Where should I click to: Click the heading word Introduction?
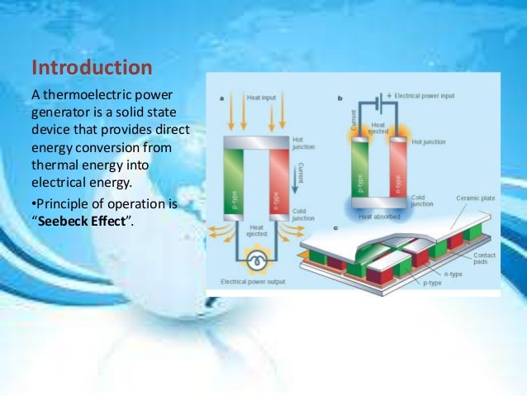pyautogui.click(x=91, y=66)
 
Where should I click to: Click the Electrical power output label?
pyautogui.click(x=253, y=282)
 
